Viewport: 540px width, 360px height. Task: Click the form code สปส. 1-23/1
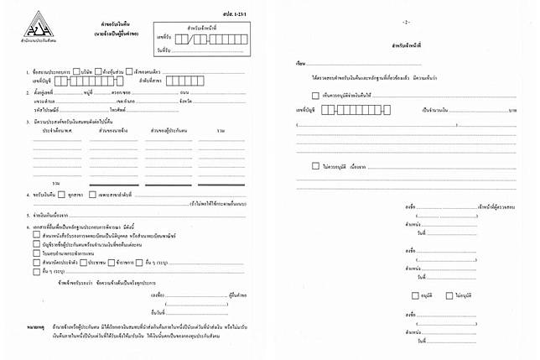(249, 15)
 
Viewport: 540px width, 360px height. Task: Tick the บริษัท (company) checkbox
(76, 70)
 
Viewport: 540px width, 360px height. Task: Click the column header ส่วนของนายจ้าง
(112, 131)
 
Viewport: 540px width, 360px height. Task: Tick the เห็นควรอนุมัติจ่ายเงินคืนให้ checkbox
(314, 96)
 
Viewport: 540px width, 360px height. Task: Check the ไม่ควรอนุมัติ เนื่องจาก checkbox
(314, 166)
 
